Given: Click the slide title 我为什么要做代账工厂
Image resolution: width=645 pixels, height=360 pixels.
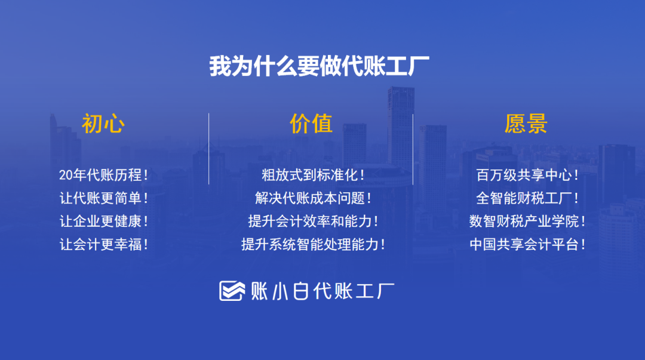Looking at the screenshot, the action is (319, 66).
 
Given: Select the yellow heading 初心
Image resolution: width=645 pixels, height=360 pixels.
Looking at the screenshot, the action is (103, 124).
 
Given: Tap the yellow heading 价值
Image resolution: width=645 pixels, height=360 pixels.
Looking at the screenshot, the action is (311, 124).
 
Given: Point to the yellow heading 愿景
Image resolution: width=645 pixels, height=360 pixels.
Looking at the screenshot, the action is (526, 124).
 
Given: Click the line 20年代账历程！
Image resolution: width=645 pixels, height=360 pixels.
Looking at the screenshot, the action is (104, 175).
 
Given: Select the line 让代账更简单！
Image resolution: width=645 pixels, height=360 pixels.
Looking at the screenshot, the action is (104, 198).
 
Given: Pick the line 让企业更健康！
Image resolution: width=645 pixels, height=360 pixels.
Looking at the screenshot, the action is (104, 221).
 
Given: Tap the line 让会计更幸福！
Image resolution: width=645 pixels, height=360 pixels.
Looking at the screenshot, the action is (104, 244).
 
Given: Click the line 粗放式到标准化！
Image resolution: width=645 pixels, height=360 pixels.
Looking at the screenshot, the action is (313, 175).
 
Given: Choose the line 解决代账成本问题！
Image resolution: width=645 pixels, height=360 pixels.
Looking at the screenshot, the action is (313, 198).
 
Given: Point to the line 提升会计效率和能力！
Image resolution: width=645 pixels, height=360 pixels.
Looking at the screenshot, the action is (313, 221).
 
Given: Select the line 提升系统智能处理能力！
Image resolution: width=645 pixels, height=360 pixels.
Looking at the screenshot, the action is (313, 244).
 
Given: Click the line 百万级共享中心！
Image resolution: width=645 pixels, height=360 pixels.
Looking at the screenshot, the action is (527, 175).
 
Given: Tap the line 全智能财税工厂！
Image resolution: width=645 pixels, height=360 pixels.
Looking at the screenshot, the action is (527, 198).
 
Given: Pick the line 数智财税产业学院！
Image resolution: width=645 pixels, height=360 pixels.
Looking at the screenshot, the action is (527, 221).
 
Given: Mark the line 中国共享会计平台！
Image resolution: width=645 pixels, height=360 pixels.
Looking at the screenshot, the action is (527, 244).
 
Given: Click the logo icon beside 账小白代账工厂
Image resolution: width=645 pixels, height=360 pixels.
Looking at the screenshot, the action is (232, 291).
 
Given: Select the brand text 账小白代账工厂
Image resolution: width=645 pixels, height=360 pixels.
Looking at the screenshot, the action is (322, 291).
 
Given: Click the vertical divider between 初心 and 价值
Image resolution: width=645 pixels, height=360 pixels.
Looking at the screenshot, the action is (208, 149).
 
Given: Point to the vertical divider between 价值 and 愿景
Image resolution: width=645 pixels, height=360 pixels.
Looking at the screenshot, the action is (413, 149).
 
